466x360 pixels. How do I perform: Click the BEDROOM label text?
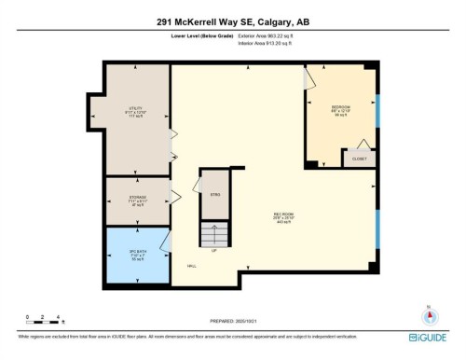click(x=341, y=108)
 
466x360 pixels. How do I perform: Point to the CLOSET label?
click(x=360, y=159)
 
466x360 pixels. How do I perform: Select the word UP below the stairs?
click(x=215, y=250)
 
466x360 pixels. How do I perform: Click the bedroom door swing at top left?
click(x=308, y=78)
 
